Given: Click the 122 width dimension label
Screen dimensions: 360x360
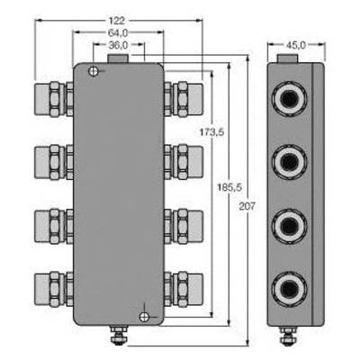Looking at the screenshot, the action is tap(117, 21).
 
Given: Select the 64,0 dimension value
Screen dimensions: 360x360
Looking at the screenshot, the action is tap(118, 32).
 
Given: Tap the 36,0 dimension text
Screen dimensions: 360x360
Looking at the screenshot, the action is tap(118, 45).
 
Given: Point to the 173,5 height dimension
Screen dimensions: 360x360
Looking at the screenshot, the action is tap(212, 132).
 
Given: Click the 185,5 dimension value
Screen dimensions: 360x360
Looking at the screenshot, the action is tap(229, 187).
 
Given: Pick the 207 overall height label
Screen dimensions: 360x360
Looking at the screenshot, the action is tap(247, 206).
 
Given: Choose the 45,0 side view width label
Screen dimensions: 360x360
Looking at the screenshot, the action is tap(296, 45).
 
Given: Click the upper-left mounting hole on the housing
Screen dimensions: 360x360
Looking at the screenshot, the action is tap(94, 71).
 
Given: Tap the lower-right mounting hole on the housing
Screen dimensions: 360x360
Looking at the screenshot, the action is tap(144, 317).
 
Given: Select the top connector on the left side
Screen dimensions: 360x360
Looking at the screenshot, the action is tap(54, 99).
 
